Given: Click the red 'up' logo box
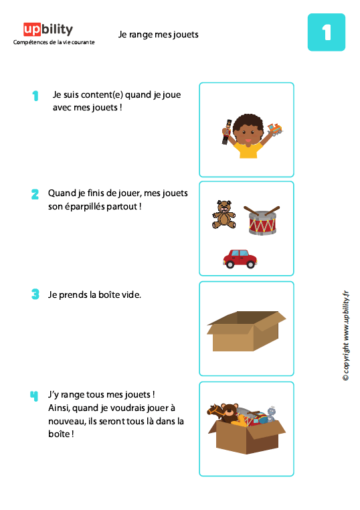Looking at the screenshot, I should pyautogui.click(x=32, y=29).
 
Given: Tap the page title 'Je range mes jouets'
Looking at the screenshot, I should pyautogui.click(x=159, y=34).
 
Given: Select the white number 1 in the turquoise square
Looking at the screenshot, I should pyautogui.click(x=326, y=33).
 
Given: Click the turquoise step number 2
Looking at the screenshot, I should pyautogui.click(x=35, y=195).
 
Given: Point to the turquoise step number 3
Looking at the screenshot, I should pyautogui.click(x=35, y=294).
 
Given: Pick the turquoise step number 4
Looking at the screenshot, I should pyautogui.click(x=34, y=396).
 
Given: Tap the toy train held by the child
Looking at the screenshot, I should pyautogui.click(x=274, y=129).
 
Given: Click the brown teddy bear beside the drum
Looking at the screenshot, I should pyautogui.click(x=223, y=214).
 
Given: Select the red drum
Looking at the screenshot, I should pyautogui.click(x=262, y=220).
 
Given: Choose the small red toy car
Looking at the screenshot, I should pyautogui.click(x=239, y=258).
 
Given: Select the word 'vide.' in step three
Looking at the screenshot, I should pyautogui.click(x=131, y=294).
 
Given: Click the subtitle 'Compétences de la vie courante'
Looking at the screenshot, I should pyautogui.click(x=54, y=42).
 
